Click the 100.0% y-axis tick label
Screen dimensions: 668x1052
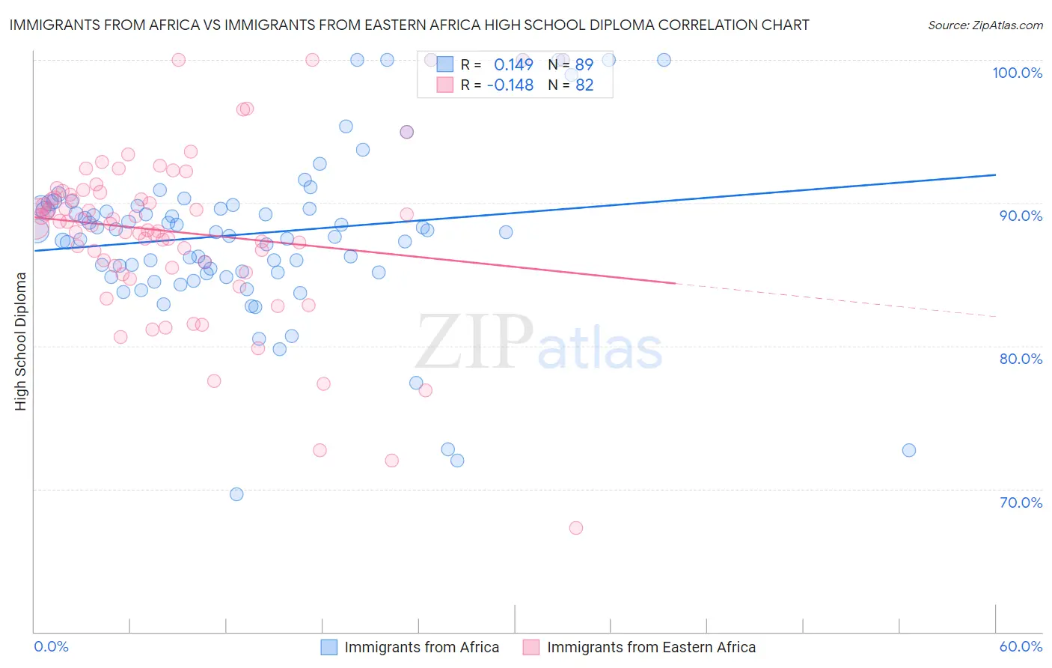tap(1017, 73)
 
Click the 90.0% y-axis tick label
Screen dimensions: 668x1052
tap(1021, 216)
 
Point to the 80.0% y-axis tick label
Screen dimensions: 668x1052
tap(1021, 359)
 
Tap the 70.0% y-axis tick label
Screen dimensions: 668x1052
tap(1021, 502)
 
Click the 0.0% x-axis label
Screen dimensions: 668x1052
tap(51, 647)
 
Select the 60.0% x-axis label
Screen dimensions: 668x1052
tap(1021, 647)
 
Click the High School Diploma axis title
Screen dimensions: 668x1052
tap(21, 341)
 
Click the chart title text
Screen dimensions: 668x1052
tap(409, 25)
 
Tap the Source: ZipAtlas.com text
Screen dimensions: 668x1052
tap(985, 25)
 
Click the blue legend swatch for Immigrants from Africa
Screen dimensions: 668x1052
tap(329, 648)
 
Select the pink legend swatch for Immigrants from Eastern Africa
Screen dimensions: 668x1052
tap(531, 648)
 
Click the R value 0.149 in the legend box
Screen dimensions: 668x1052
tap(513, 64)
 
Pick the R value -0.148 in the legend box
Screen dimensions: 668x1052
tap(510, 85)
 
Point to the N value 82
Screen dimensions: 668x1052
tap(584, 85)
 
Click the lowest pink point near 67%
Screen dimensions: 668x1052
tap(576, 528)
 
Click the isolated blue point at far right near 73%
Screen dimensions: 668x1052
tap(909, 450)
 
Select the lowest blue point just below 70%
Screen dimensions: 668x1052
tap(236, 494)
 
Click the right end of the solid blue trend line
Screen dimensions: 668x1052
tap(995, 174)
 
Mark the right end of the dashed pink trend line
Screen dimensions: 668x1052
tap(995, 317)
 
